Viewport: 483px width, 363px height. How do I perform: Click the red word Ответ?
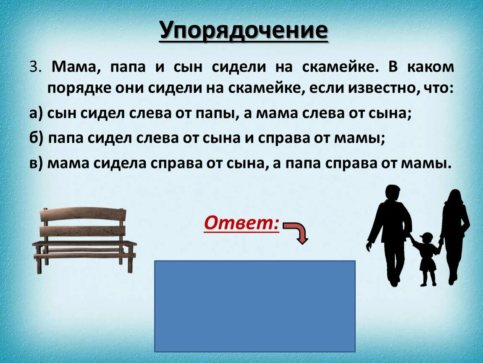tap(241, 224)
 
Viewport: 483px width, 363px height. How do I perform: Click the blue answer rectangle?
tap(255, 306)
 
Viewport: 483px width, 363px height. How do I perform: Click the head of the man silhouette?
tap(394, 194)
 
